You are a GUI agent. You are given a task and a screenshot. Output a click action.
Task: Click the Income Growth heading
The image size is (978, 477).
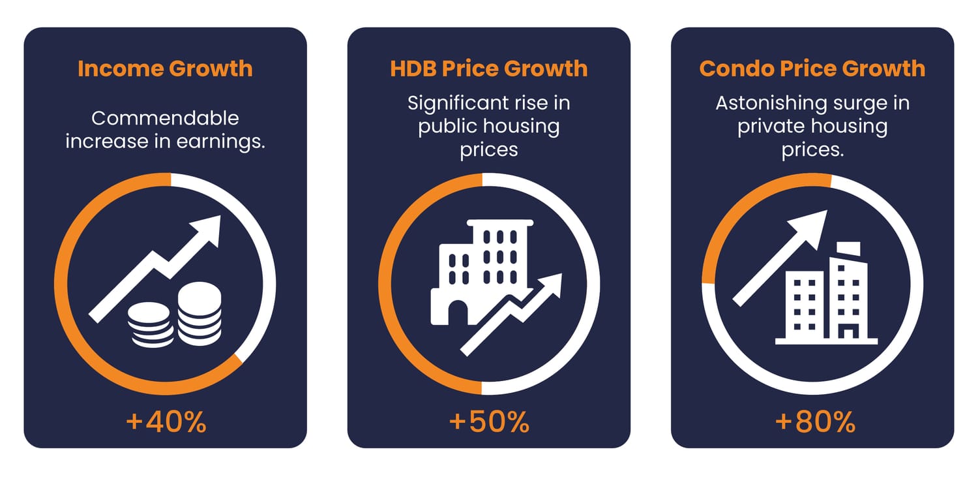coord(165,69)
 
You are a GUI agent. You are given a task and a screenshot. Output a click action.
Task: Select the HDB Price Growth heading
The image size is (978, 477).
coord(489,69)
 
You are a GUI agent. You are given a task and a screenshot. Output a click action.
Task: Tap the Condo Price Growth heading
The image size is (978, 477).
coord(812,69)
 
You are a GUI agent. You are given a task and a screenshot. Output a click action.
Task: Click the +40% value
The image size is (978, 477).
coord(166,422)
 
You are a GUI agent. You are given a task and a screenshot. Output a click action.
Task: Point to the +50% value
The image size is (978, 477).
coord(489,422)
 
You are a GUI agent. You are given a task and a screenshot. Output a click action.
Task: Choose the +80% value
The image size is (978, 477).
coord(815,422)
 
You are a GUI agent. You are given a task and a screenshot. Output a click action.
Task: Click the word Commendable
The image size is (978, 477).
coord(165,118)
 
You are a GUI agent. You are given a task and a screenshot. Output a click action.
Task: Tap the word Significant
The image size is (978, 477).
coord(449,103)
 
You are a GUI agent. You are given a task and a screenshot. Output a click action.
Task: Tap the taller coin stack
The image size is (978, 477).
coord(200,314)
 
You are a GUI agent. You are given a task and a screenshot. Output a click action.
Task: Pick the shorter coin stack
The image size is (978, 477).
coord(149,324)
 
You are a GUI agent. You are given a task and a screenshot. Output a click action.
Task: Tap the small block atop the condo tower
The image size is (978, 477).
coord(848,249)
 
